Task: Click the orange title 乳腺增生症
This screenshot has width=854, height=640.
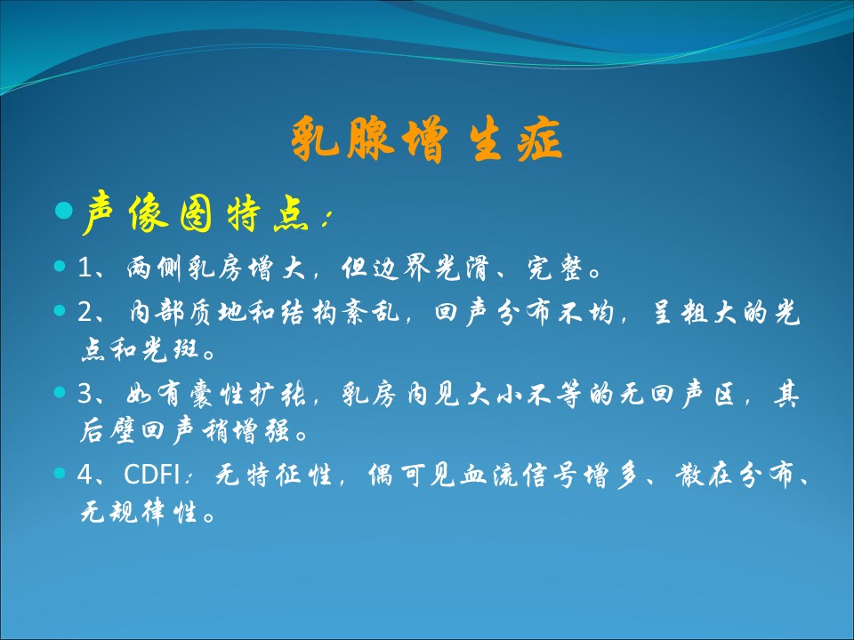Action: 426,140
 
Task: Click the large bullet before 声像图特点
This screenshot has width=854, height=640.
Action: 64,210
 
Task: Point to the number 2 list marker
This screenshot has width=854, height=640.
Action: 86,312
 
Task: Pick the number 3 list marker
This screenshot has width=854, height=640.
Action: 86,394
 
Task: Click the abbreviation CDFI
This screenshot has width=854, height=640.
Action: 152,474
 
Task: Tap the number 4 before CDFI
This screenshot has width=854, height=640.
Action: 86,474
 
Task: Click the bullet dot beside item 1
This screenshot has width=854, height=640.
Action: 60,266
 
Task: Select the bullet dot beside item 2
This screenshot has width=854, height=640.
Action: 60,310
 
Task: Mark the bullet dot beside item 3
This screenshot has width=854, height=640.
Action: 60,392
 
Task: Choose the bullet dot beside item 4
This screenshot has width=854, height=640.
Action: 60,472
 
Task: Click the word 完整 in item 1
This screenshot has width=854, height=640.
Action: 555,268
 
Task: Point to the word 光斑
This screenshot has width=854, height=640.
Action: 170,349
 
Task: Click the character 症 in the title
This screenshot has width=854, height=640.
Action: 539,140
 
